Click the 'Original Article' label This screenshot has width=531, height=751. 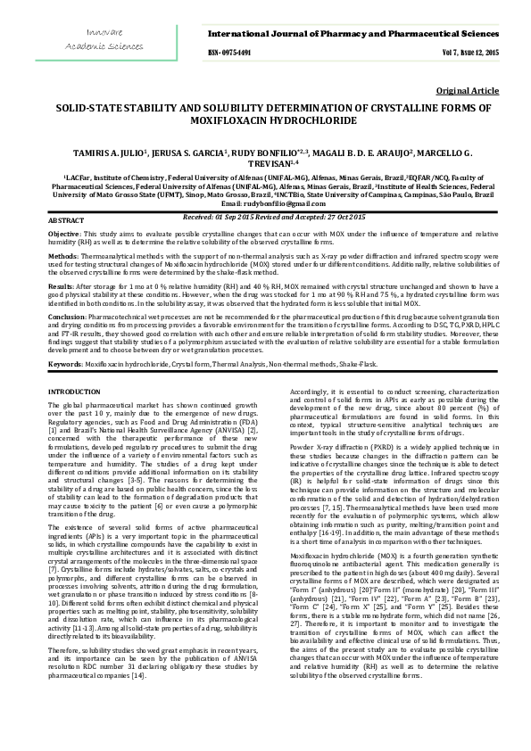coord(467,91)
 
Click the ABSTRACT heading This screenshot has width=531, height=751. coord(65,219)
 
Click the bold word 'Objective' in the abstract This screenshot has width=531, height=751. coord(63,233)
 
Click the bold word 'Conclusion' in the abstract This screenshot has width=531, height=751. coord(67,316)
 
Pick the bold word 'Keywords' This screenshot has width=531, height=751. coord(65,365)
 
